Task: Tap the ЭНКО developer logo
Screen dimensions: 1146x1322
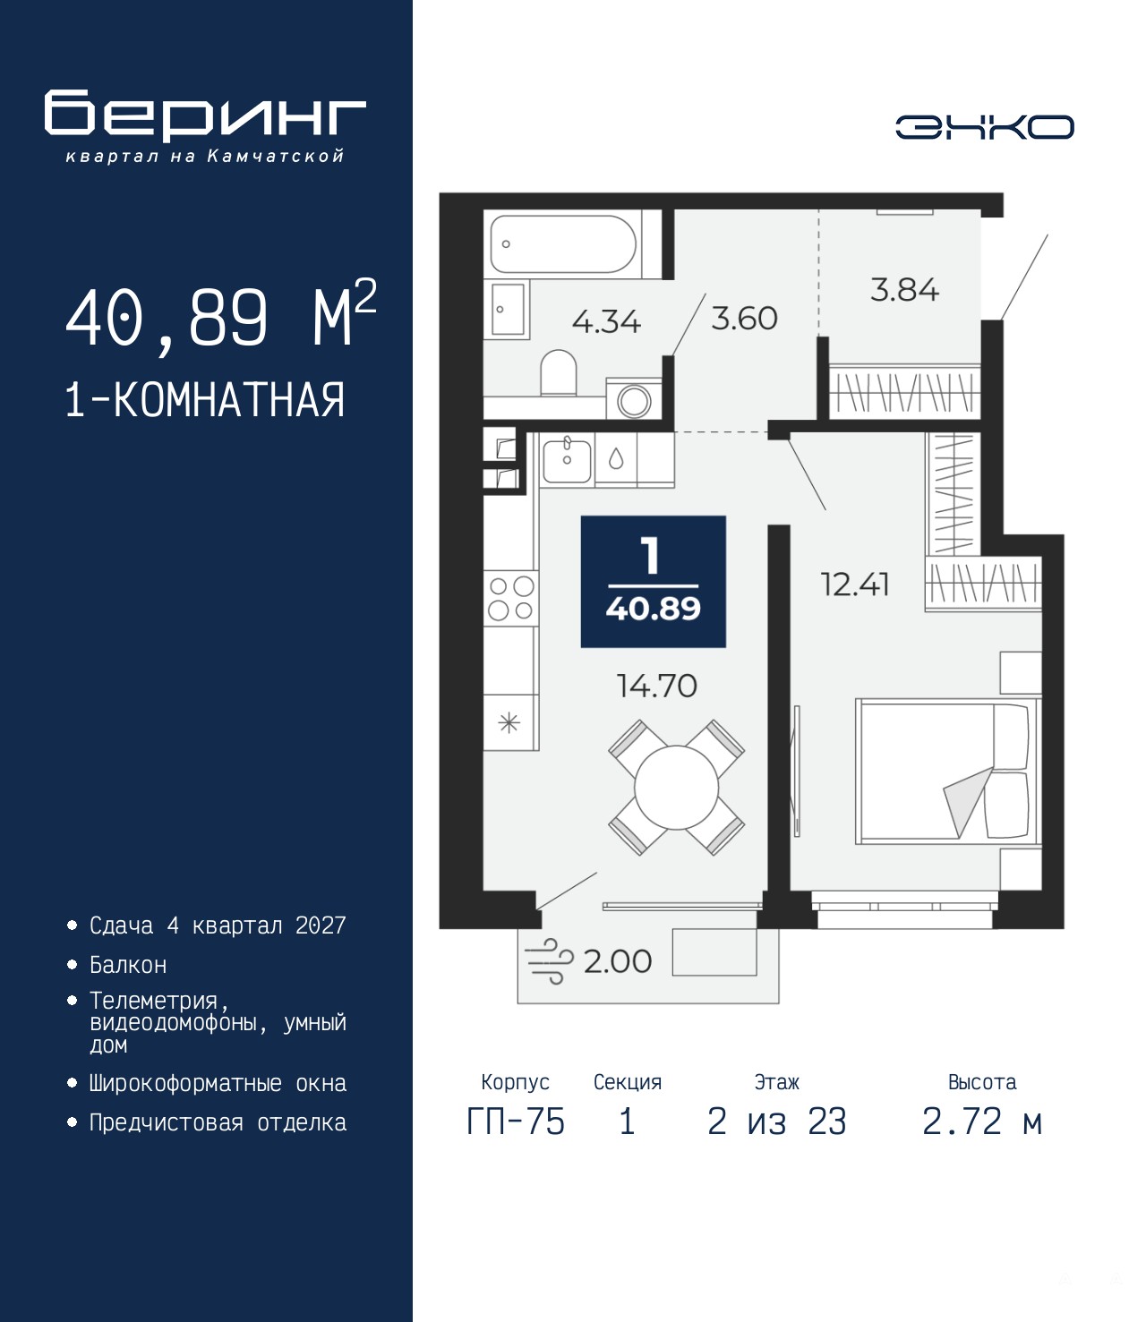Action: point(984,126)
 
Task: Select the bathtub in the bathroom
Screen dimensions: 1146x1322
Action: point(563,244)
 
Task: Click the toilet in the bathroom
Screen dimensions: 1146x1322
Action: point(559,373)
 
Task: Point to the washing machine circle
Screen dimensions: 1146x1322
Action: point(634,402)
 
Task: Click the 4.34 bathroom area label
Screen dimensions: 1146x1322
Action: point(606,321)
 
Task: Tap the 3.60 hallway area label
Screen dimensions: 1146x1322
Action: point(744,318)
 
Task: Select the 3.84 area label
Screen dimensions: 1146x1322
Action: point(904,290)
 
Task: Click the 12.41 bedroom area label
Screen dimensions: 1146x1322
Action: point(855,584)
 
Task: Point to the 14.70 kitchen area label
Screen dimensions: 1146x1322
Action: point(656,687)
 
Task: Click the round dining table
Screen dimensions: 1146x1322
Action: point(676,788)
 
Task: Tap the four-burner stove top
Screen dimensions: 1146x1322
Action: point(510,598)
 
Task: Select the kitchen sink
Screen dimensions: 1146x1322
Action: point(567,458)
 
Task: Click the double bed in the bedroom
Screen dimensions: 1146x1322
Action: point(948,772)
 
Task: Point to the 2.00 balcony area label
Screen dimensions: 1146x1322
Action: point(618,961)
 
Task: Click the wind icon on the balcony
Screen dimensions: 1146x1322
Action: point(548,961)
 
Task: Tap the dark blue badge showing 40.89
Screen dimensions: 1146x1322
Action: point(654,582)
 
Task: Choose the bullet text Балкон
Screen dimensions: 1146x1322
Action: point(128,965)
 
